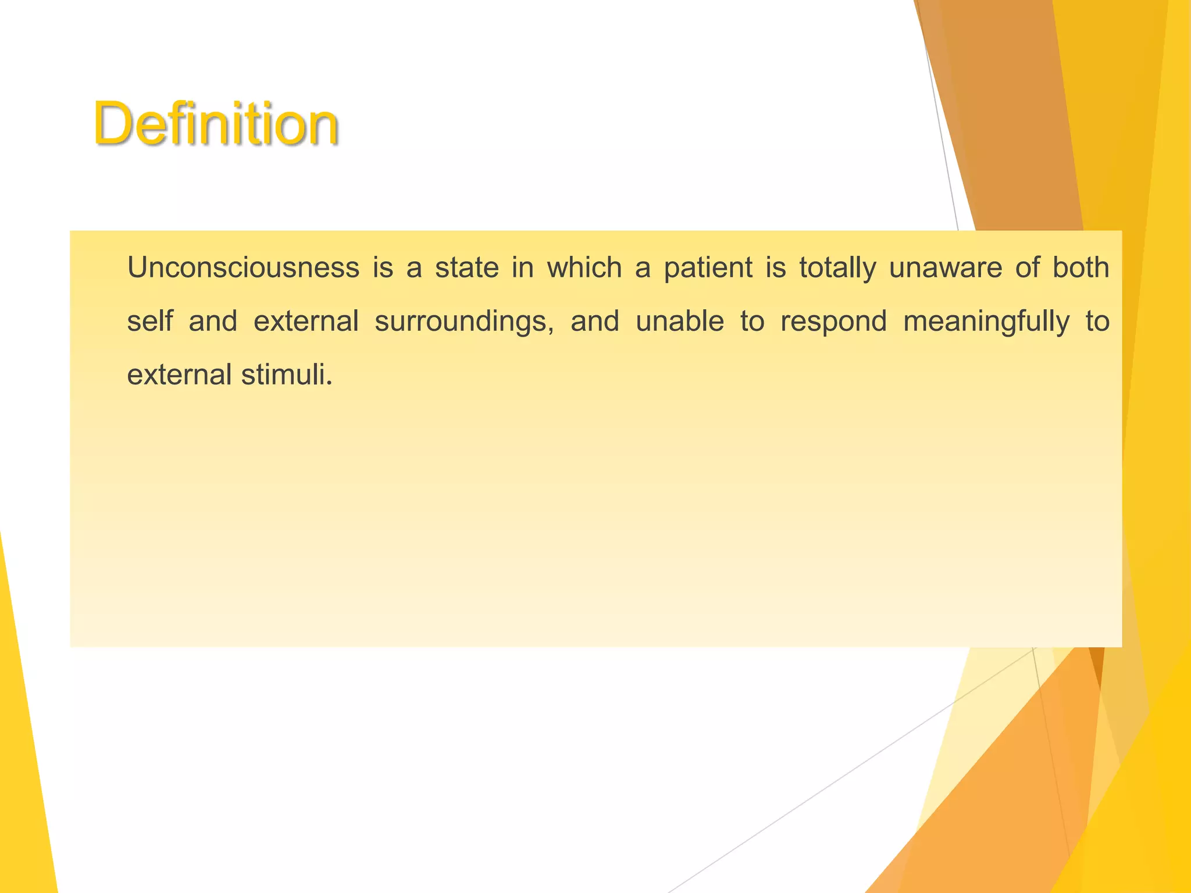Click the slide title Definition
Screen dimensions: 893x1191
click(x=215, y=124)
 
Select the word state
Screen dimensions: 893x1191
click(x=467, y=268)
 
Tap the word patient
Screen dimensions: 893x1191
click(x=708, y=268)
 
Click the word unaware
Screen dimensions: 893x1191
click(x=946, y=268)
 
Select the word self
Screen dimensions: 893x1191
click(x=150, y=321)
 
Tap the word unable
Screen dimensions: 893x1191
click(x=679, y=321)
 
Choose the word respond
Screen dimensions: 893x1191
click(x=833, y=322)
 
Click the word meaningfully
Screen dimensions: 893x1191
click(x=986, y=322)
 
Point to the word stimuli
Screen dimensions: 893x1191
click(x=286, y=374)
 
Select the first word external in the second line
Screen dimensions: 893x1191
click(x=306, y=321)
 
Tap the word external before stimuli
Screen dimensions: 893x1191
click(x=179, y=374)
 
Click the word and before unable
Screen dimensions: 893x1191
click(x=594, y=321)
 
